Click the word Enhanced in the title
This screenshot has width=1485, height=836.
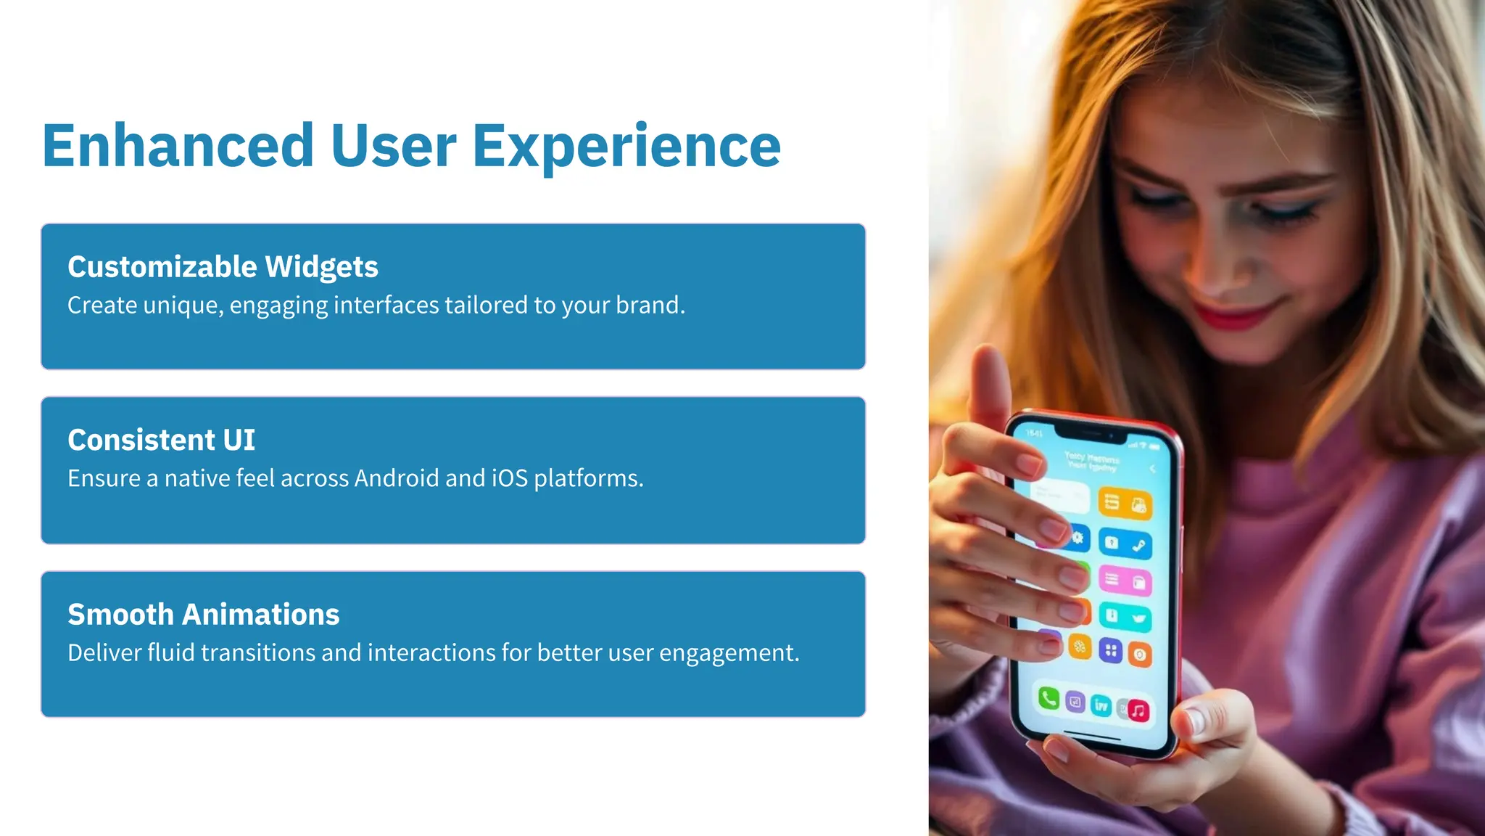click(178, 146)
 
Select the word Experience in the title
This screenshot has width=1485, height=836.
click(626, 146)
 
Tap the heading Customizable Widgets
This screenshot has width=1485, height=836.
click(223, 267)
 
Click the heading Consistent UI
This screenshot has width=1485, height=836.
click(161, 440)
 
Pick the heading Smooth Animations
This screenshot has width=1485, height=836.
click(203, 614)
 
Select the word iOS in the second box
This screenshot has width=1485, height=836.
click(510, 478)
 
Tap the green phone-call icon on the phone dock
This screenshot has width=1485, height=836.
click(1048, 698)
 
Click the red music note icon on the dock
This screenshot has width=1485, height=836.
click(1138, 710)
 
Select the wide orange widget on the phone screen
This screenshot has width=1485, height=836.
click(1125, 503)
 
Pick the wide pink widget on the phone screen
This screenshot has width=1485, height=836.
click(1125, 580)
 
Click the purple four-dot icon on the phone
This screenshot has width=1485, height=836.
click(1110, 650)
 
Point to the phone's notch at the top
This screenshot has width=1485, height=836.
click(1091, 435)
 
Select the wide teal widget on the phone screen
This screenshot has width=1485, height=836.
click(1125, 617)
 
